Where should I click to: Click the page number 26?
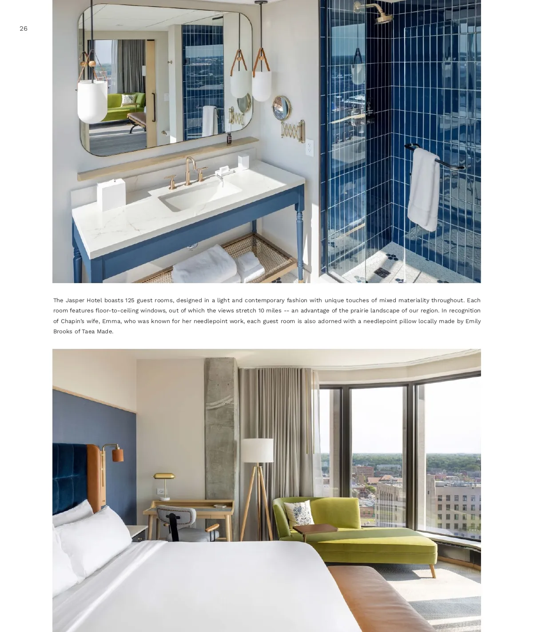(x=24, y=28)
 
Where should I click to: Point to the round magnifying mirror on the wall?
(x=283, y=107)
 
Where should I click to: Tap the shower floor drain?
(x=381, y=272)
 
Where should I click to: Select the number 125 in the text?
(x=130, y=300)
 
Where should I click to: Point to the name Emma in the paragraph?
(x=111, y=321)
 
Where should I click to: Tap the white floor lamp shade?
(x=257, y=450)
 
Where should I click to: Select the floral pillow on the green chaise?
(x=299, y=513)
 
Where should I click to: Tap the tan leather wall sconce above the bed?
(x=117, y=454)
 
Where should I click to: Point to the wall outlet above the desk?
(x=161, y=492)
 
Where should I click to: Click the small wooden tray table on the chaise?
(x=315, y=529)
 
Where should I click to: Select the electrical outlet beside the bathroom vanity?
(x=309, y=148)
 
